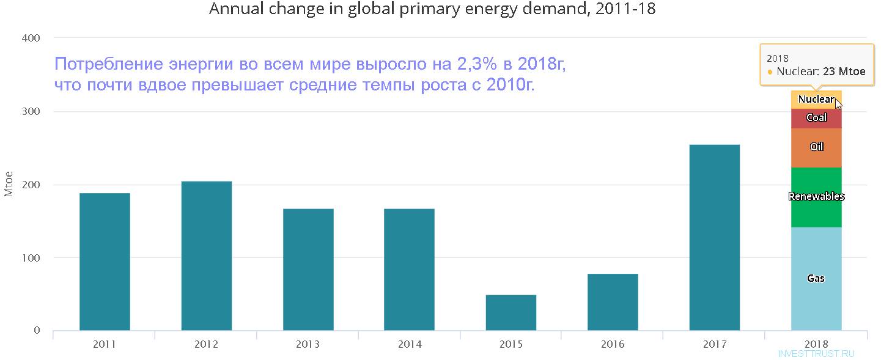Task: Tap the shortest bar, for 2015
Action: tap(511, 312)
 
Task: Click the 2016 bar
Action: tap(613, 302)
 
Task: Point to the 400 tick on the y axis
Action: tap(30, 39)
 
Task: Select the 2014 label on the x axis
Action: tap(409, 345)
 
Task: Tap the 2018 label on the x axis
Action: tap(816, 345)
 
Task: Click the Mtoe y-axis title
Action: tap(9, 184)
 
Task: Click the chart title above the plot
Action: tap(432, 9)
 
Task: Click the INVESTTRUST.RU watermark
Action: tap(816, 354)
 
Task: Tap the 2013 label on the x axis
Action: tap(308, 345)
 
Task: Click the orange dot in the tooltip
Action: tap(770, 72)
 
